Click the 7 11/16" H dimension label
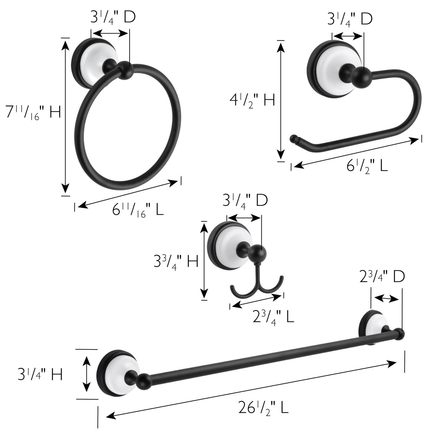pos(33,112)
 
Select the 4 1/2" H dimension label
pos(252,101)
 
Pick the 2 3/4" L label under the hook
pos(273,316)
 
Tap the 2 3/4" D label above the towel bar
pos(382,277)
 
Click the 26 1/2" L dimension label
pos(263,407)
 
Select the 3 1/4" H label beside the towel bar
pos(40,374)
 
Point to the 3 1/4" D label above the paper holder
pos(350,19)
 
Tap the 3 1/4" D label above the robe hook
pos(245,201)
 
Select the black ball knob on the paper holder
pos(361,76)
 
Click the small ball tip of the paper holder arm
pos(294,139)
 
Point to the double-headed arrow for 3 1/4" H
pos(86,374)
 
